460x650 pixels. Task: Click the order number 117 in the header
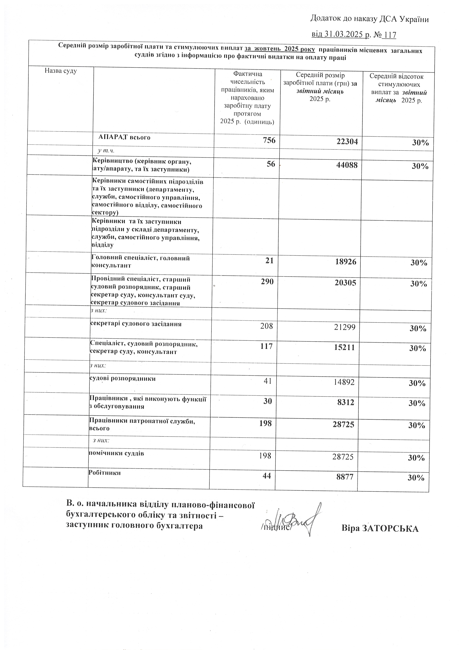(390, 35)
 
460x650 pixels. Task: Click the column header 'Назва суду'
(61, 71)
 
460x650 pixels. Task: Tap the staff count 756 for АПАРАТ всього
(269, 140)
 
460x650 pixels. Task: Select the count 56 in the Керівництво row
(271, 164)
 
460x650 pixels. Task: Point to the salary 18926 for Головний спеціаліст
(346, 262)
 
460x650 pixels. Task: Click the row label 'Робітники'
(105, 472)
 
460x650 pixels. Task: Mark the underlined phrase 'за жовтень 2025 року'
(280, 49)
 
